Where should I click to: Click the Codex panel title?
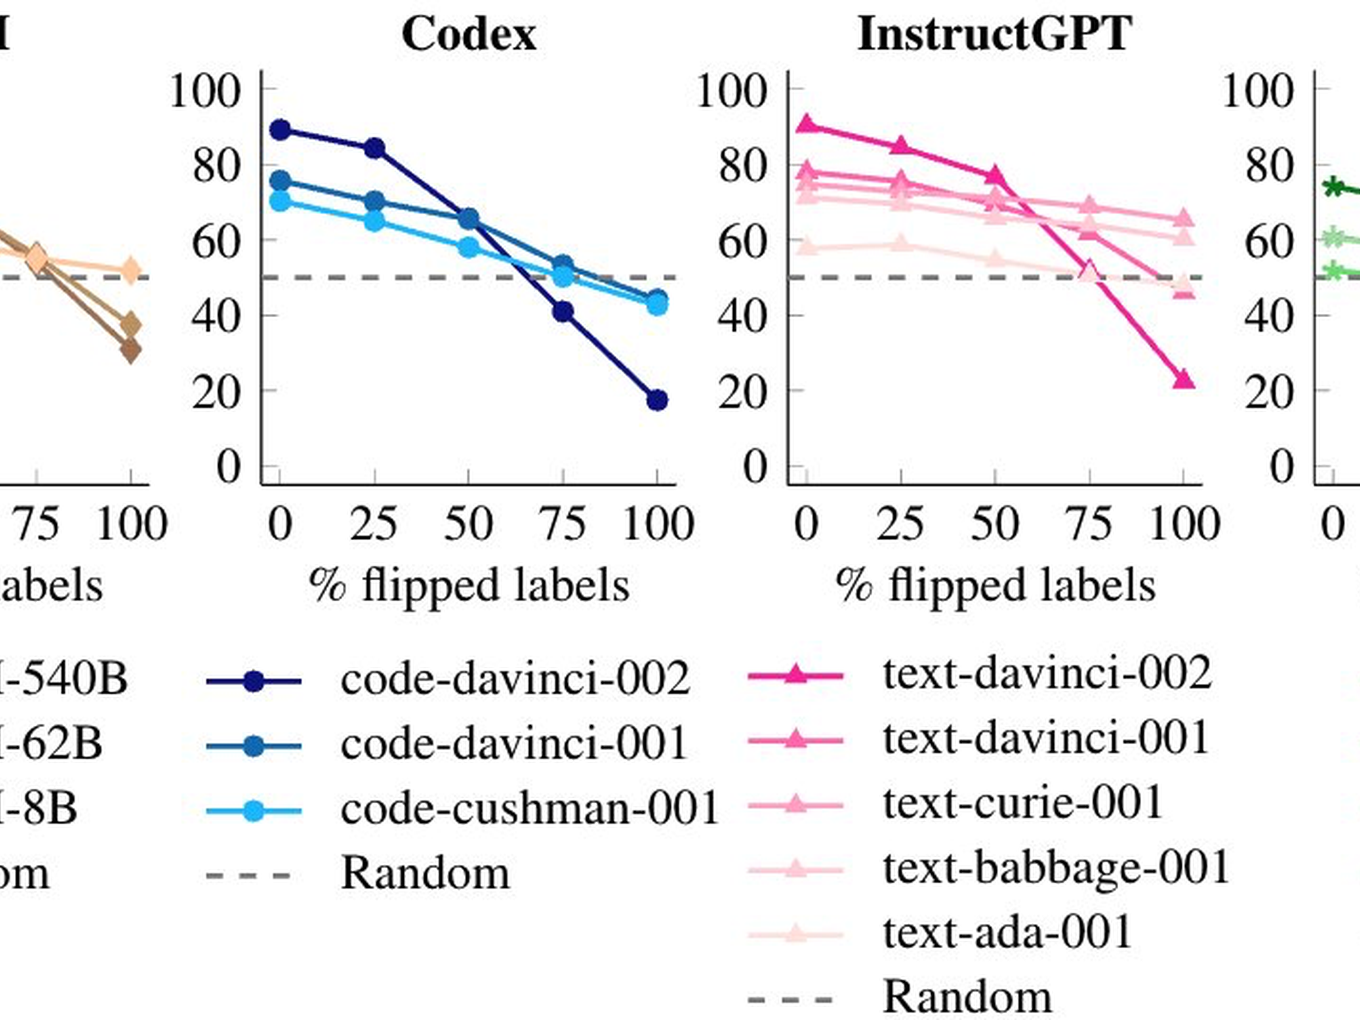469,35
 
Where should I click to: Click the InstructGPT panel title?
994,35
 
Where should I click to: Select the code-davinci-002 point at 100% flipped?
657,400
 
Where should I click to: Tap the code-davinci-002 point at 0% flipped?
280,130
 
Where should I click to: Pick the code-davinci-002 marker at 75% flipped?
563,312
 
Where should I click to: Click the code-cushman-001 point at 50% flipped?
469,248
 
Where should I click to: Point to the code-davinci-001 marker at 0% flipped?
280,181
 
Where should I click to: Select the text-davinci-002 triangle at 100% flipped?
1184,380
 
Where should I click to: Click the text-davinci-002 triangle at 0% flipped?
806,125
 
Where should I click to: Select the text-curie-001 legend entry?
1022,802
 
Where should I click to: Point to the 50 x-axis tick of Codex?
469,524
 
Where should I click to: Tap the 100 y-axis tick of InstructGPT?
732,91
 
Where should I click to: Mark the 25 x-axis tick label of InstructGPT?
900,524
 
